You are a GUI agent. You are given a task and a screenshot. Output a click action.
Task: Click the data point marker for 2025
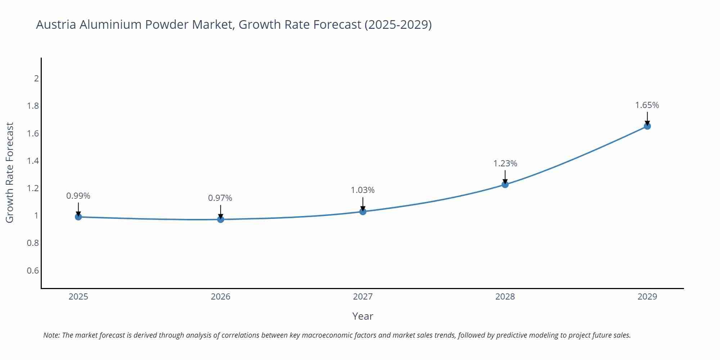[78, 217]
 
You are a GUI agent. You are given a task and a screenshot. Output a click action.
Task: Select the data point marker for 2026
[220, 219]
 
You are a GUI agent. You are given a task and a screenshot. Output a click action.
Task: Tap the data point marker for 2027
[363, 211]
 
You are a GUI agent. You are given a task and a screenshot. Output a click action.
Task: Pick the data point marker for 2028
[505, 184]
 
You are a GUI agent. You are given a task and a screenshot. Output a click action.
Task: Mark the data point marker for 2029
[647, 126]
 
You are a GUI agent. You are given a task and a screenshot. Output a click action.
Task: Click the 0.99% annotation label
[78, 196]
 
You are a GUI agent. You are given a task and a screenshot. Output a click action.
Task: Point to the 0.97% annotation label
[220, 198]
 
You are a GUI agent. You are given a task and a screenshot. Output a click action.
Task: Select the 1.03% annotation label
[363, 190]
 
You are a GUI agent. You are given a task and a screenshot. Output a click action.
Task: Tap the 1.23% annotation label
[505, 163]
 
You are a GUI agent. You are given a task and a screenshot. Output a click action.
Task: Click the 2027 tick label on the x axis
[363, 297]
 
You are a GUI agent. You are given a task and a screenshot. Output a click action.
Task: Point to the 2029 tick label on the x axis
[647, 297]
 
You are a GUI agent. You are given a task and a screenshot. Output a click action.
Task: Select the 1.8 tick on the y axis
[33, 106]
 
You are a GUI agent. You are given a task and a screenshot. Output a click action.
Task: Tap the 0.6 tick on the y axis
[33, 270]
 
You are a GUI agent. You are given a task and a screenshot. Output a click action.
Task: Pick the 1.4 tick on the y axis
[33, 161]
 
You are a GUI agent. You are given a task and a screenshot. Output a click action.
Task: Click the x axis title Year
[363, 316]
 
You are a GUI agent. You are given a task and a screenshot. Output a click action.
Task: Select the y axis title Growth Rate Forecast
[10, 173]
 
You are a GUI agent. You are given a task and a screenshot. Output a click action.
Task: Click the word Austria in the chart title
[56, 24]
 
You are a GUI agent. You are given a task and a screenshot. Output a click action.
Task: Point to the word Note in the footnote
[51, 335]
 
